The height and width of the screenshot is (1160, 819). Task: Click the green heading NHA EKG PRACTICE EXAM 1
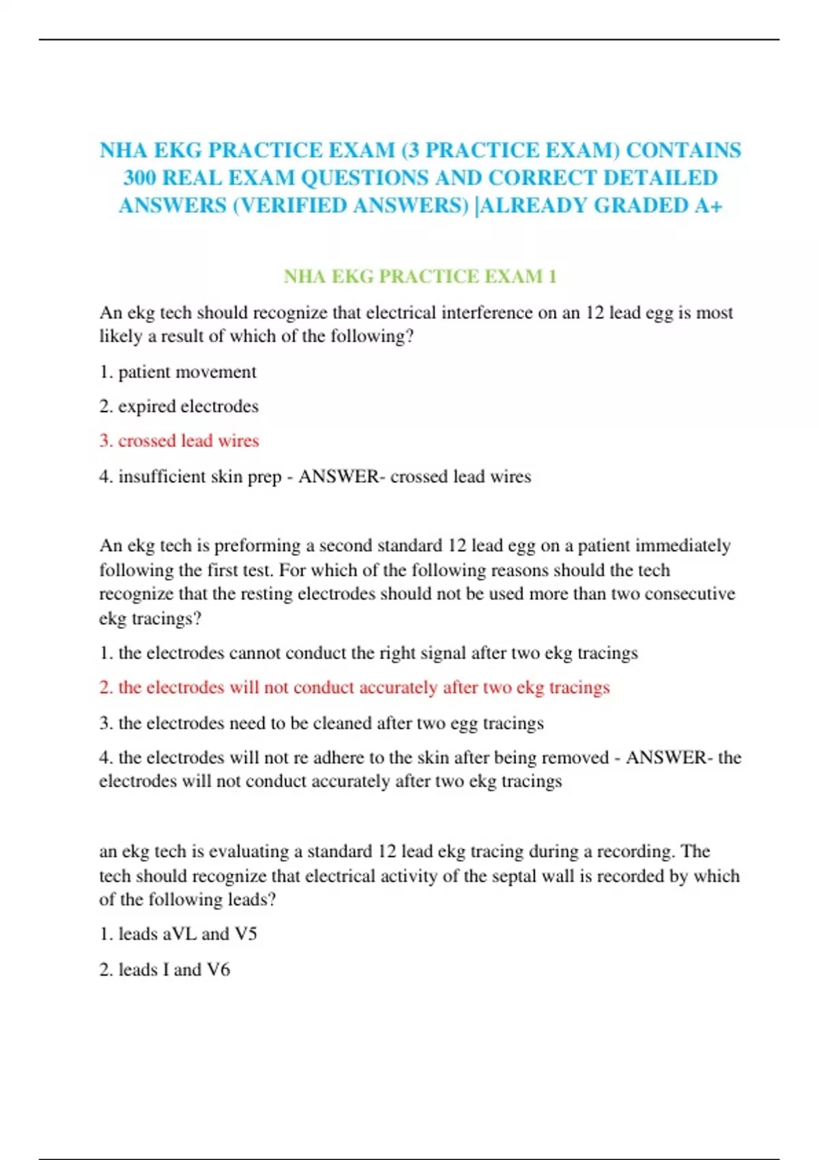420,276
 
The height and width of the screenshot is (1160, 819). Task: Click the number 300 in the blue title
140,178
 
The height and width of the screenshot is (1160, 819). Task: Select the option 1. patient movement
178,372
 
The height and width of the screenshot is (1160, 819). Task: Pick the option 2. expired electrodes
179,407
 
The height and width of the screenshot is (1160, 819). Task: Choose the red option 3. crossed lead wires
179,441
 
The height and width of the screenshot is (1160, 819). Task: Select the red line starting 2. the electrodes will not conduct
354,687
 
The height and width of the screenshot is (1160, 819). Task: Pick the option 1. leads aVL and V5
178,934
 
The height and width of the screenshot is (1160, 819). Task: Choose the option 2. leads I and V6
164,970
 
